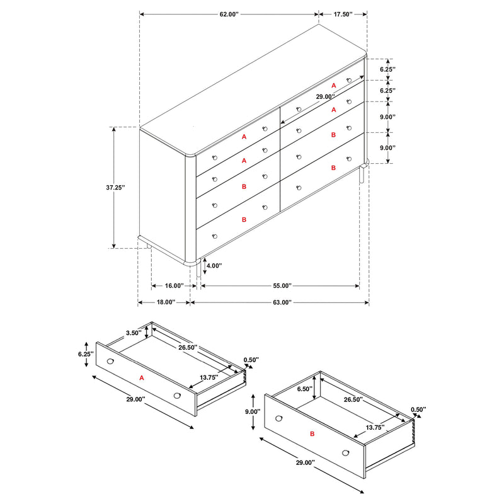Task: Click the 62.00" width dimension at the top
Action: tap(228, 13)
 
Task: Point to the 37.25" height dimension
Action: tap(115, 188)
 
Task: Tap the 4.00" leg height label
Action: tap(214, 266)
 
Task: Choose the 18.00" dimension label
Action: tap(165, 302)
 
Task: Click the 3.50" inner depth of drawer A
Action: tap(133, 333)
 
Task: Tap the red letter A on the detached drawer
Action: tap(142, 378)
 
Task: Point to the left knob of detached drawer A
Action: tap(111, 362)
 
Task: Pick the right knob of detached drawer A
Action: tap(177, 395)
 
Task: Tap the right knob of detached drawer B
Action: tap(346, 452)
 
